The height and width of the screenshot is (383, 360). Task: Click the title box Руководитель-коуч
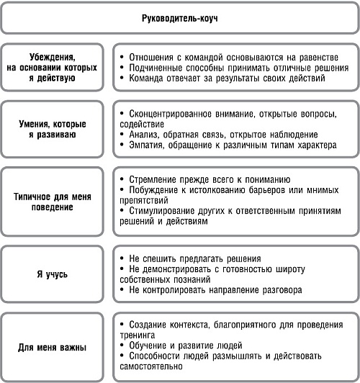tap(179, 17)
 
